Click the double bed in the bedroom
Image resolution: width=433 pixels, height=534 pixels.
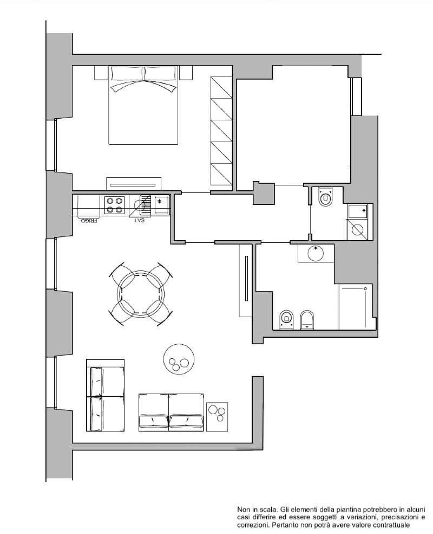click(143, 105)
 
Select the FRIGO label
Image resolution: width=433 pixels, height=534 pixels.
click(89, 221)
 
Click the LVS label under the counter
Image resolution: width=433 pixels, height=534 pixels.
click(139, 220)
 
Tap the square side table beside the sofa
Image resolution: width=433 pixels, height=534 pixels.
click(217, 417)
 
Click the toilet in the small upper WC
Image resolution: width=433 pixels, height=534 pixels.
click(326, 196)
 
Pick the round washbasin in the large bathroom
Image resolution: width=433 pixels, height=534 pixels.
click(316, 253)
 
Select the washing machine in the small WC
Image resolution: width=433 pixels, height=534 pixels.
click(357, 230)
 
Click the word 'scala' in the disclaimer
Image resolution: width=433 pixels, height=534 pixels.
click(269, 510)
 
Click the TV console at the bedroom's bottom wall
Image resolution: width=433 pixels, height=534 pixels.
click(134, 184)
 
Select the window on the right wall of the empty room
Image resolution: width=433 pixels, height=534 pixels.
click(357, 96)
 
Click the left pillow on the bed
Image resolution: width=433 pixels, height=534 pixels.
click(127, 74)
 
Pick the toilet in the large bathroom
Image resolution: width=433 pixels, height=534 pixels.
click(286, 320)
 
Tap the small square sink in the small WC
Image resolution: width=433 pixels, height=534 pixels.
click(357, 211)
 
